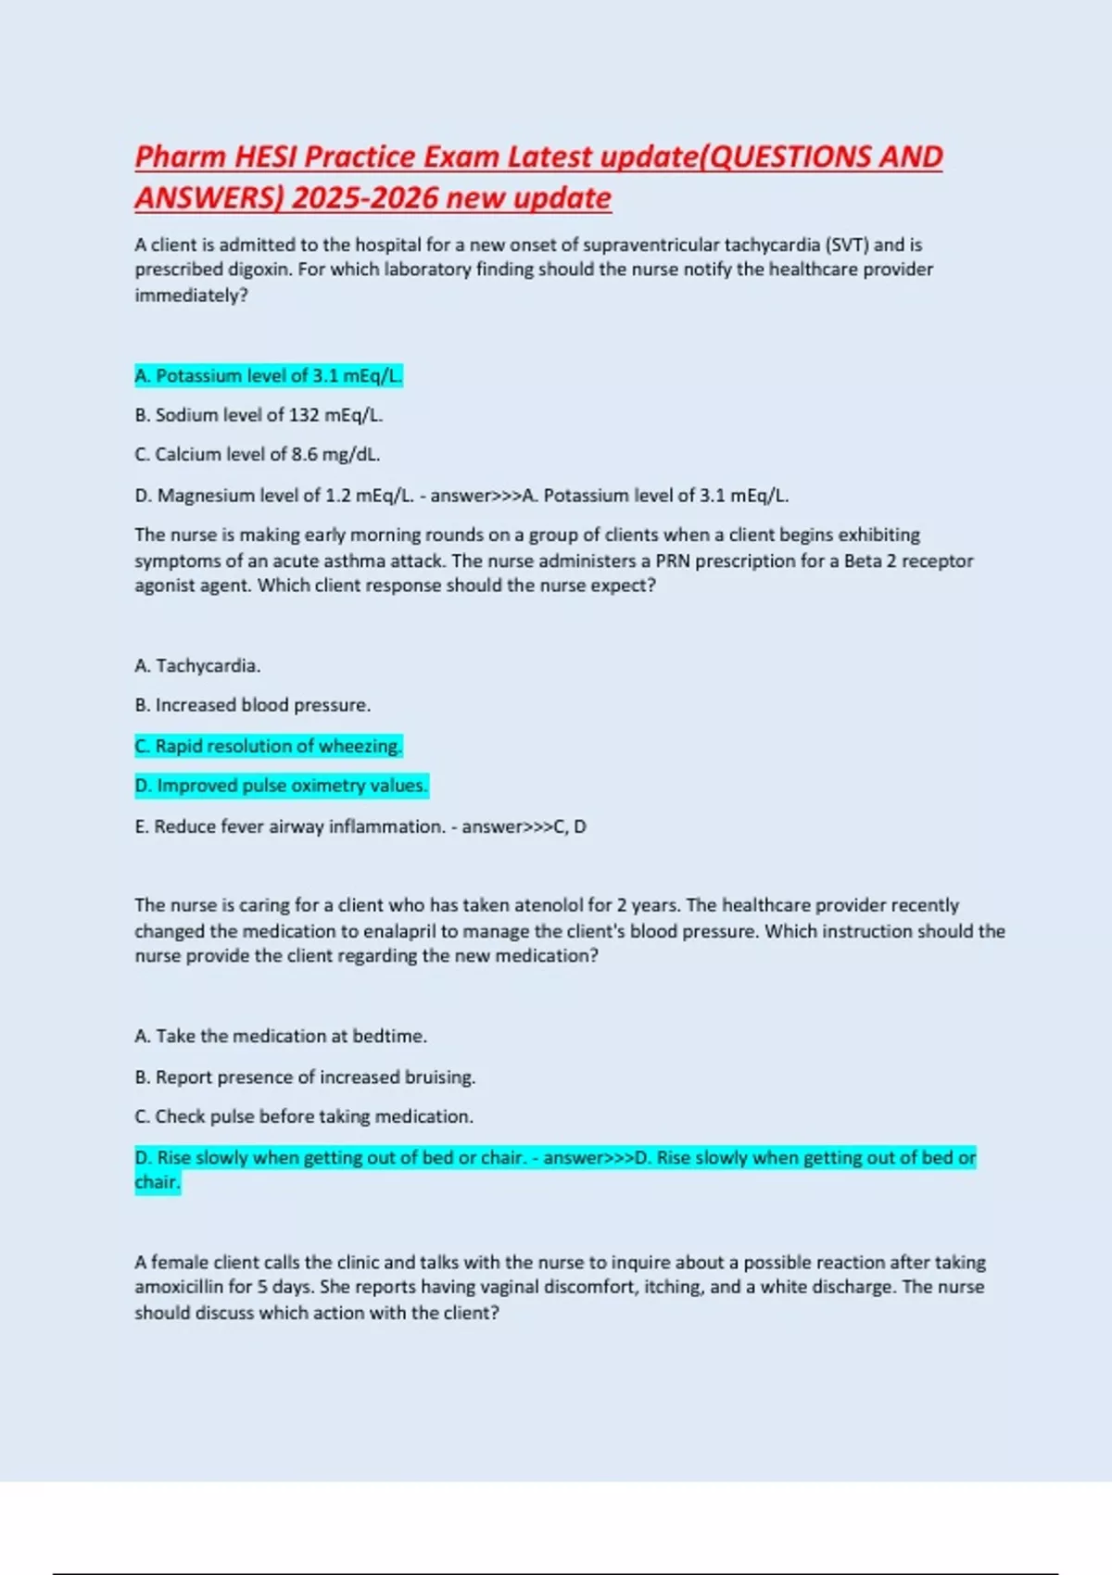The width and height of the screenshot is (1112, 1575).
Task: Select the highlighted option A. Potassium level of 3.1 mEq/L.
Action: point(269,376)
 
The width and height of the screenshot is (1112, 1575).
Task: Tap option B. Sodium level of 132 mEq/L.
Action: point(259,415)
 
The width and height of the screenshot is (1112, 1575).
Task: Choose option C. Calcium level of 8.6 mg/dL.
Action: point(258,455)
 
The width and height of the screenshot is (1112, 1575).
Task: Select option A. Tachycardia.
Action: point(197,666)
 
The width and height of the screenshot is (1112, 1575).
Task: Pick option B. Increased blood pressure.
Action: point(252,705)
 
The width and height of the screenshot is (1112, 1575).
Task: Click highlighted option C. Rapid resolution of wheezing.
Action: point(269,746)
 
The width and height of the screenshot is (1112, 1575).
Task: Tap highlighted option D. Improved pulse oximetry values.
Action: point(282,786)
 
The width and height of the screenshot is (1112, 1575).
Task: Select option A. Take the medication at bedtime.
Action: point(281,1037)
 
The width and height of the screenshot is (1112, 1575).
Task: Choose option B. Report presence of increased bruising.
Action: point(305,1077)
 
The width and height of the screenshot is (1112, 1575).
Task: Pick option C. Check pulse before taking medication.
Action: point(304,1117)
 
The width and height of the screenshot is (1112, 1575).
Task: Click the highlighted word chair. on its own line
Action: point(158,1183)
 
